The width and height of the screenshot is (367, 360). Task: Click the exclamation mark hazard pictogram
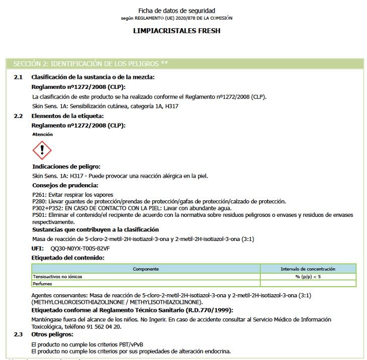point(42,150)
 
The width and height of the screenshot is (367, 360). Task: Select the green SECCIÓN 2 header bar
point(183,64)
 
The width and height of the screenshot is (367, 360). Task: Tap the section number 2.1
point(18,77)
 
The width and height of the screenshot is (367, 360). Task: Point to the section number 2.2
point(18,116)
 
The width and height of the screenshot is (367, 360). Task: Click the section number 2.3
point(18,334)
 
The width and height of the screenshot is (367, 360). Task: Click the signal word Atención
point(42,135)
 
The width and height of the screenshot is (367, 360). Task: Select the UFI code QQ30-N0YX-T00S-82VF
point(80,248)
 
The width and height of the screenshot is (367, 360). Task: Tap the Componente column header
point(146,269)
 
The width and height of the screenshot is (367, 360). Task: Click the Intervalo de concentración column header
point(308,269)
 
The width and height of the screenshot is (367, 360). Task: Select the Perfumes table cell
point(43,284)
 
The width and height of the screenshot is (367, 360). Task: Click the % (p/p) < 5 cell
point(308,277)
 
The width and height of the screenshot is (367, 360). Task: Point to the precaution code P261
point(39,195)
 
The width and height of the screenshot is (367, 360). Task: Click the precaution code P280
point(39,201)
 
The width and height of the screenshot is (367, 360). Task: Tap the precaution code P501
point(39,214)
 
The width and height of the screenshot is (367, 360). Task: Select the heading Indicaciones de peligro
point(66,166)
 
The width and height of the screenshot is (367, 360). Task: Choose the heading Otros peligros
point(52,334)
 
